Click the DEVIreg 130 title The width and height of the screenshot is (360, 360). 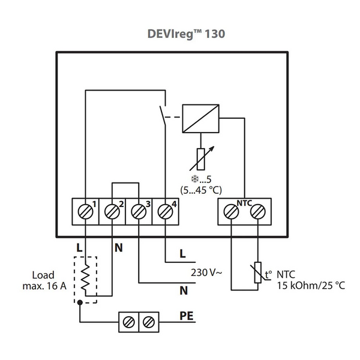point(186,34)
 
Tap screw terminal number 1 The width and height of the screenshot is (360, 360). point(85,212)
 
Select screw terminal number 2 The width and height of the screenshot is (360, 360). point(112,212)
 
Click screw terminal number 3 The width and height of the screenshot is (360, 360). point(139,212)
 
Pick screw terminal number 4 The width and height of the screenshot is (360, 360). point(166,212)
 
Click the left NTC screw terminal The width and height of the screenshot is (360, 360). point(231,212)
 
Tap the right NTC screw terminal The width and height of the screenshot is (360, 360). point(258,212)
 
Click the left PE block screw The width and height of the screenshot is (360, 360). point(129,322)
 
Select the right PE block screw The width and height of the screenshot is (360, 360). point(149,322)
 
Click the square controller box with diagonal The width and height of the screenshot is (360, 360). point(200,118)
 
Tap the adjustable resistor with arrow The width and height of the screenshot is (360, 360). point(202,159)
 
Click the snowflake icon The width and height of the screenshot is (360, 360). point(195,179)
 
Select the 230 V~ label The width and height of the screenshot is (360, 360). point(206,272)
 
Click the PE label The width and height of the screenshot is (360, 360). point(187,316)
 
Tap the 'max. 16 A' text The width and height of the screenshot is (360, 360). point(44,286)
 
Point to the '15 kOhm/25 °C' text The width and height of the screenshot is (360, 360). point(311,286)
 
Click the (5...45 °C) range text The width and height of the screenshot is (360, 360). point(201,190)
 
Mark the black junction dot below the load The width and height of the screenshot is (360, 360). point(80,302)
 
